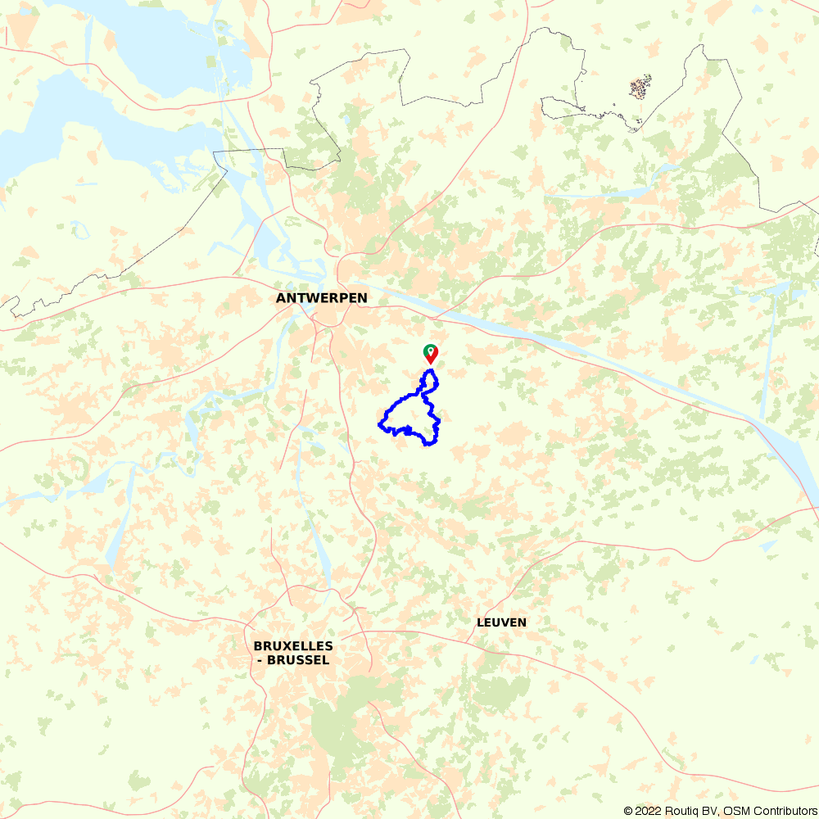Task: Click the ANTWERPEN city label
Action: [322, 298]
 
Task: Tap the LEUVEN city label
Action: [501, 622]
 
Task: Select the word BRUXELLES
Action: [293, 646]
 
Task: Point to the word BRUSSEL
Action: [299, 660]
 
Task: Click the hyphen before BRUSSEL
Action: [260, 660]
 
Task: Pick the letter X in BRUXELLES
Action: [285, 646]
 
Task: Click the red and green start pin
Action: [430, 353]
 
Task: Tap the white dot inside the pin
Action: [430, 351]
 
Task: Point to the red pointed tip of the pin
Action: [430, 364]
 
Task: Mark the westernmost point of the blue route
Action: [379, 424]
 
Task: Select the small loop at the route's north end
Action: [429, 380]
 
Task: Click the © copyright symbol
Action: [628, 811]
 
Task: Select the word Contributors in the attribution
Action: [782, 811]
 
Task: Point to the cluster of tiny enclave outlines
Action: [640, 87]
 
